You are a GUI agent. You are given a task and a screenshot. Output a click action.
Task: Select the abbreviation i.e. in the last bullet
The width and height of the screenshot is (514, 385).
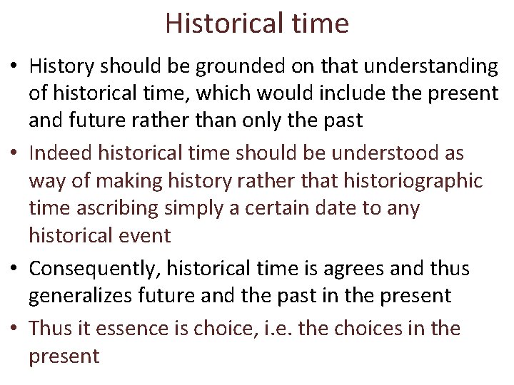pyautogui.click(x=281, y=329)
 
